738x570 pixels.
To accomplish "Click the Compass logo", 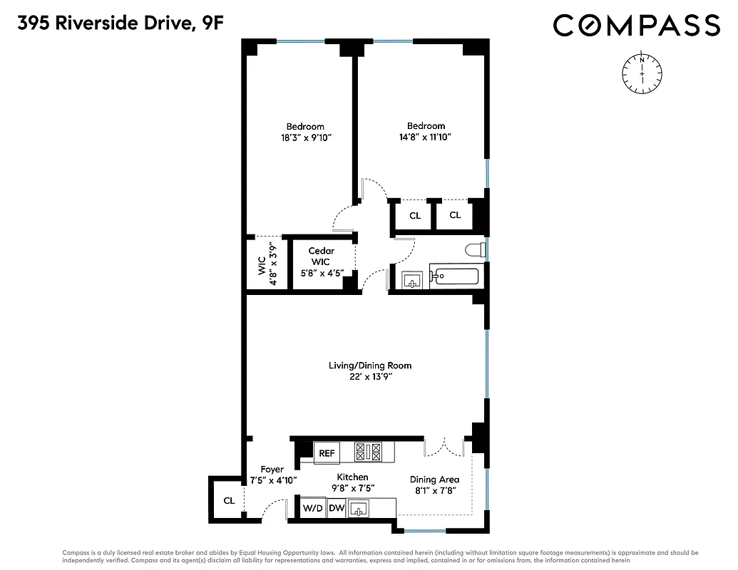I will tap(637, 26).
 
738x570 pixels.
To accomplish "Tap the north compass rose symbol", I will tap(642, 73).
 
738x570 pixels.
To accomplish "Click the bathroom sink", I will tap(412, 279).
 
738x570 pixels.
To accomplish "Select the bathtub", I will tap(456, 277).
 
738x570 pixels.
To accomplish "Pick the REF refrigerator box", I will tap(327, 452).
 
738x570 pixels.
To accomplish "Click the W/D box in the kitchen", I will tap(312, 509).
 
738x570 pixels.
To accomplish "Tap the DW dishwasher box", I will tap(337, 509).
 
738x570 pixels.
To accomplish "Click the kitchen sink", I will tap(359, 509).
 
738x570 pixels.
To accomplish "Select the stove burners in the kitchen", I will tap(369, 452).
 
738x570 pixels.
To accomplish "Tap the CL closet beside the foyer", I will tap(228, 501).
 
